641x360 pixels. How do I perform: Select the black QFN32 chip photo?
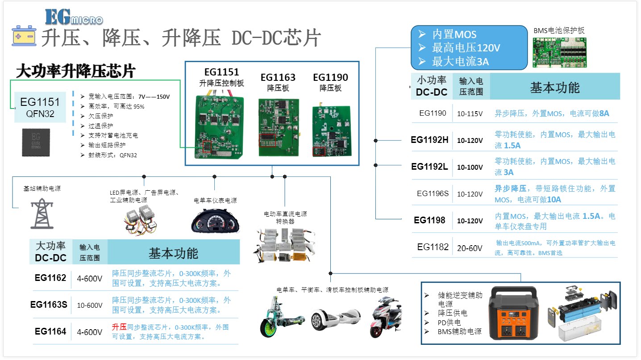click(36, 142)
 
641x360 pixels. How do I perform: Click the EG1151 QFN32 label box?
click(40, 107)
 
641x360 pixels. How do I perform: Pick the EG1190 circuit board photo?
click(331, 131)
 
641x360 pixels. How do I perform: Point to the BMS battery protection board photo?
click(559, 52)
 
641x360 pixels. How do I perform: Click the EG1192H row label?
click(429, 140)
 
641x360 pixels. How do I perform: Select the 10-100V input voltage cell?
click(470, 167)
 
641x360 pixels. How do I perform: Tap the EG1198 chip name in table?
click(429, 220)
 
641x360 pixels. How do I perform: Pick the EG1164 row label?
click(50, 331)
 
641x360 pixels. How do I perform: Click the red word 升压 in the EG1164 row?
click(119, 327)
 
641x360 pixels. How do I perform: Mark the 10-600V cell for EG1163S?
click(90, 306)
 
